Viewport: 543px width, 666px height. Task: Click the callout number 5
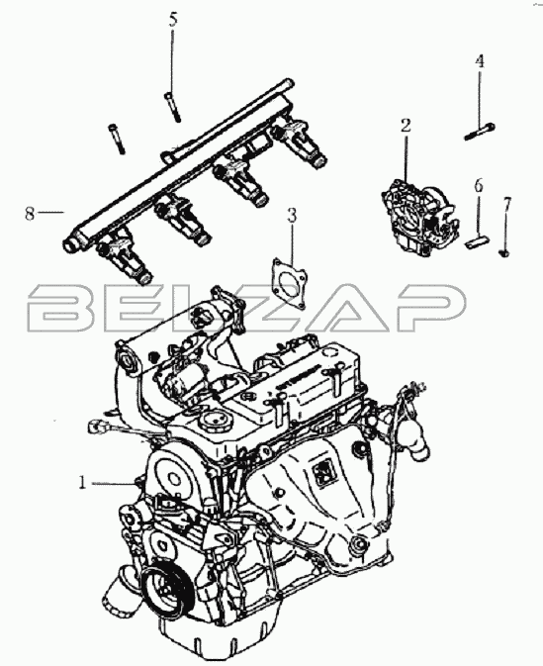tap(173, 21)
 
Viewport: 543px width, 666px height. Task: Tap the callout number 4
tap(480, 61)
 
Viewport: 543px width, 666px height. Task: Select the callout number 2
tap(406, 126)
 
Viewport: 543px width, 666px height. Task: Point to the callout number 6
tap(479, 186)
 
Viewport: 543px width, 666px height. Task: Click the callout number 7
tap(506, 204)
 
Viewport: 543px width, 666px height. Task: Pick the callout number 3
tap(292, 216)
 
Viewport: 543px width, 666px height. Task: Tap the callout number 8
tap(29, 214)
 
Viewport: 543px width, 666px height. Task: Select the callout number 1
tap(82, 483)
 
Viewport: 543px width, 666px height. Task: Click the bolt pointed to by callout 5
tap(172, 107)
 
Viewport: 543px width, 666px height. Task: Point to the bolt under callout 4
tap(480, 131)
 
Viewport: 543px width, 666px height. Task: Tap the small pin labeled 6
tap(478, 243)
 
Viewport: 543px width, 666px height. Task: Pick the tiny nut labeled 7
tap(504, 253)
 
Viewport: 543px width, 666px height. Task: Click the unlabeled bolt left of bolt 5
tap(117, 139)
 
